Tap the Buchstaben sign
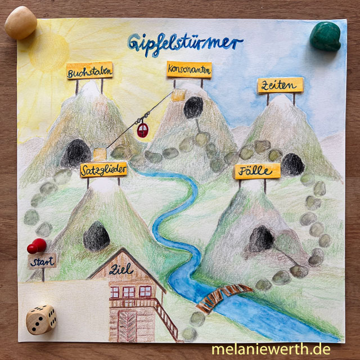(89, 72)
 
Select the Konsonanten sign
(189, 70)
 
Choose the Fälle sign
(257, 170)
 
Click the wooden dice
(41, 319)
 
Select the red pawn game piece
(37, 246)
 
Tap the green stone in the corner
(325, 37)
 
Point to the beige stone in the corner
(21, 22)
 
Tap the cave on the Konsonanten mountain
(193, 107)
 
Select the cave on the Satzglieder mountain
(96, 236)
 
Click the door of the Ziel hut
(128, 325)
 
